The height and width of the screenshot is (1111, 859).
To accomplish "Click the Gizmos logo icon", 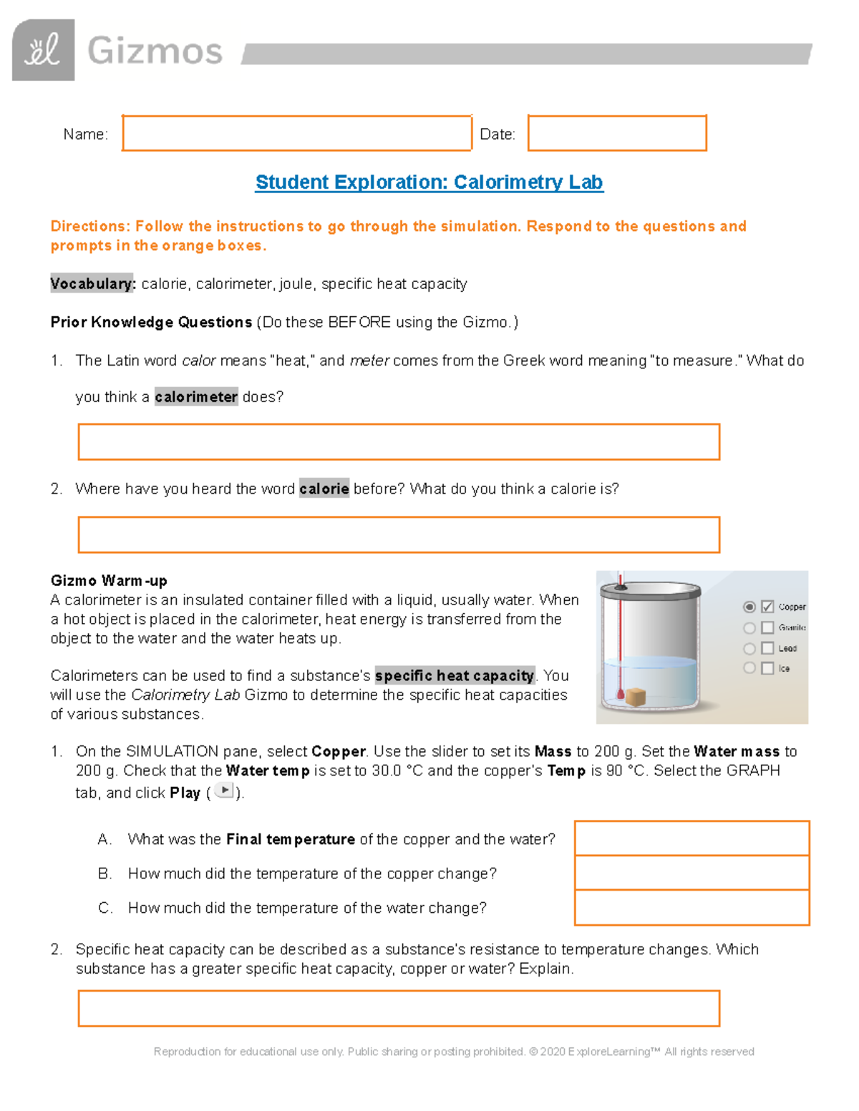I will [x=43, y=50].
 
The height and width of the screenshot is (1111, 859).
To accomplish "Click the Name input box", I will [x=296, y=133].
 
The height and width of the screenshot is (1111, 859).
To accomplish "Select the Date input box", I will [x=617, y=133].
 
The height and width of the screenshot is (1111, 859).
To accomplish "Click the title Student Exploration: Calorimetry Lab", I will [x=429, y=182].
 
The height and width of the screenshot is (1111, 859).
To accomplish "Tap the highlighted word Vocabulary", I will [x=92, y=284].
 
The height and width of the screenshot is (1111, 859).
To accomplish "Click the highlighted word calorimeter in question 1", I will [x=196, y=397].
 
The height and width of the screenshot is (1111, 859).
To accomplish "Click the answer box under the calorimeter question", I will [x=399, y=441].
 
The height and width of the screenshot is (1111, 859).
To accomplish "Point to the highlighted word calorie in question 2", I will [x=324, y=489].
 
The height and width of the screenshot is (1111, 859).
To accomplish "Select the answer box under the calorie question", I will [x=399, y=534].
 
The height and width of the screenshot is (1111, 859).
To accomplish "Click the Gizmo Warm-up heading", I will [x=109, y=580].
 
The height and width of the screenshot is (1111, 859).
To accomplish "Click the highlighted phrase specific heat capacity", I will [x=455, y=675].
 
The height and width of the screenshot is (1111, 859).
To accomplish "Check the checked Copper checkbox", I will [x=767, y=607].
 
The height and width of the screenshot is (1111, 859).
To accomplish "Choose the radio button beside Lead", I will [x=749, y=648].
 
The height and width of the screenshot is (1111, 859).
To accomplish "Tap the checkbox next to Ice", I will [x=767, y=668].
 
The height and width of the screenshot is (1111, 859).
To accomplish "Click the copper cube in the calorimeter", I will [x=636, y=697].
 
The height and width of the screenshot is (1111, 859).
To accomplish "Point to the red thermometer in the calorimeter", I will [x=621, y=630].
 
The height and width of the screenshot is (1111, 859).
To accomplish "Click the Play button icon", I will [x=224, y=791].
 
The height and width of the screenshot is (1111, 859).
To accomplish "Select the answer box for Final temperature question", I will [x=691, y=838].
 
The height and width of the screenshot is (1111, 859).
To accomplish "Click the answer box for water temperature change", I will [x=691, y=908].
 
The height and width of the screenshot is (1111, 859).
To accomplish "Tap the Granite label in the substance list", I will [x=792, y=627].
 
